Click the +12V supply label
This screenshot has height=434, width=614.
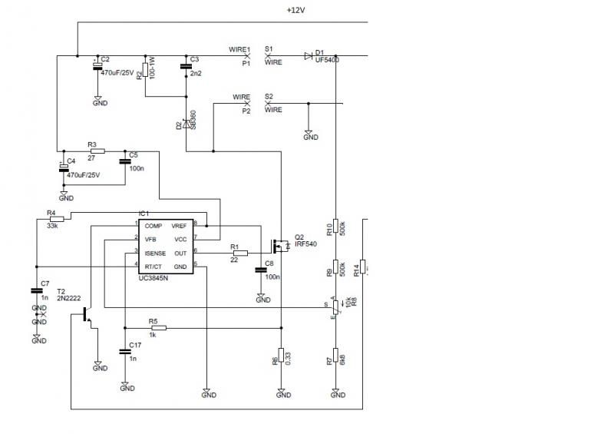tap(296, 10)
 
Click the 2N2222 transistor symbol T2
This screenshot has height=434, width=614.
tap(87, 316)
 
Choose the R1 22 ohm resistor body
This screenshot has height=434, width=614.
tap(240, 252)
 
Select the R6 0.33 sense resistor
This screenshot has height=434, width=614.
tap(282, 358)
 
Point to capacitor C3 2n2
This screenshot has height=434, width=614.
tap(186, 68)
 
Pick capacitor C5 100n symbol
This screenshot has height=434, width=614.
tap(124, 161)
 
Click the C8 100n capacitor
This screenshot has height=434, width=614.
tap(261, 270)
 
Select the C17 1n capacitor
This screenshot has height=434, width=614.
tap(124, 352)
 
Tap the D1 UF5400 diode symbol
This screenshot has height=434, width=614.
tap(309, 55)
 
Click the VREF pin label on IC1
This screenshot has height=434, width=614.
tap(179, 226)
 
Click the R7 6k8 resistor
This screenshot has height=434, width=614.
tap(336, 359)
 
